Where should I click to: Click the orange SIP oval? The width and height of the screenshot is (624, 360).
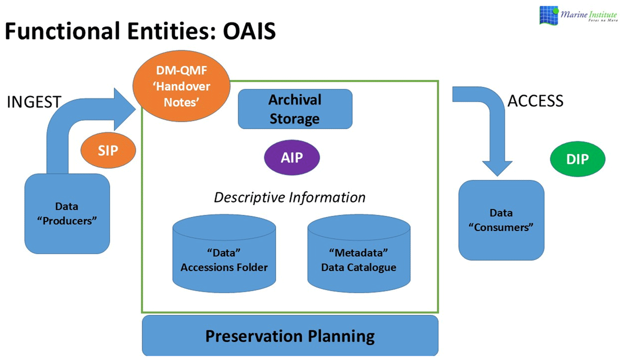tap(108, 151)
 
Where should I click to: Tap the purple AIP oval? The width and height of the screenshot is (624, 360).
tap(291, 158)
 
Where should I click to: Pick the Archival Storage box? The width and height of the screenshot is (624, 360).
tap(295, 109)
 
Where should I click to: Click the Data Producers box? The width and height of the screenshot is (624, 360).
tap(68, 213)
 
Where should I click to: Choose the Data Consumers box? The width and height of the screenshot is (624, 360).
tap(501, 220)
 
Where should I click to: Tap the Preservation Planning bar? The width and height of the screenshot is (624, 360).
tap(290, 336)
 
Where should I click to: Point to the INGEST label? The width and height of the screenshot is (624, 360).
tap(34, 102)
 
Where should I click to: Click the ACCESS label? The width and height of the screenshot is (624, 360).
tap(535, 100)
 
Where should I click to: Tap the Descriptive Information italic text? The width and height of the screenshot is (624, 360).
tap(290, 198)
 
